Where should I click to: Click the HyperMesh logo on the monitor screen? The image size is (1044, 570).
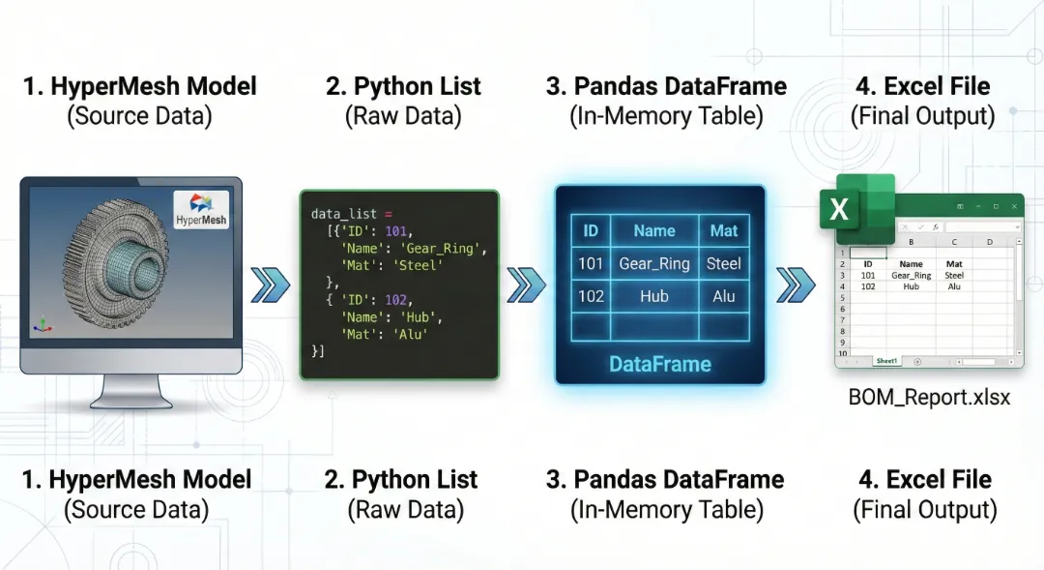(202, 210)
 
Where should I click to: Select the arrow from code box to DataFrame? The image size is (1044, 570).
(526, 285)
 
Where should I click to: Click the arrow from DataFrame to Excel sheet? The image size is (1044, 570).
(795, 285)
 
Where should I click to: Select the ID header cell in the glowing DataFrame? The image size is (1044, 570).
(591, 230)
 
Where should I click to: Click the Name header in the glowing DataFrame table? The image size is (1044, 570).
(654, 230)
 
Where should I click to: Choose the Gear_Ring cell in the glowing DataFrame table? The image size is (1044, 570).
(654, 263)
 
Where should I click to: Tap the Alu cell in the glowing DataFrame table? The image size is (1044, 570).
(723, 296)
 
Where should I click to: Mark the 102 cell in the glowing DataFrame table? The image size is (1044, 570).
(591, 296)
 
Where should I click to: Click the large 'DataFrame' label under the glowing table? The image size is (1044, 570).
(659, 365)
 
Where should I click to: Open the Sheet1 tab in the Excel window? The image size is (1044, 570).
(886, 361)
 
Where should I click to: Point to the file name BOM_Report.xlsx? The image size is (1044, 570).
(929, 397)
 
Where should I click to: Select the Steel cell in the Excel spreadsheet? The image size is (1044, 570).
(954, 275)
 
